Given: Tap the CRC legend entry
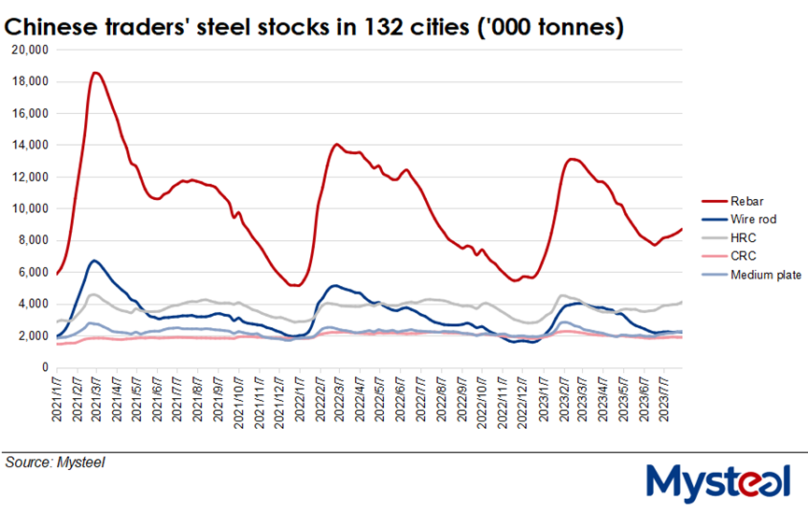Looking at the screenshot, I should pyautogui.click(x=743, y=256).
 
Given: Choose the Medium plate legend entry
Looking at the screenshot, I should pyautogui.click(x=763, y=274).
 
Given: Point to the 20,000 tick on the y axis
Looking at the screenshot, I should pyautogui.click(x=28, y=50).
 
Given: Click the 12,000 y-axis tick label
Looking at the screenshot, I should pyautogui.click(x=28, y=177).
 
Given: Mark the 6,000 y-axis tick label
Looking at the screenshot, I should pyautogui.click(x=31, y=272).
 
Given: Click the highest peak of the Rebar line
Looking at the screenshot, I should pyautogui.click(x=96, y=72).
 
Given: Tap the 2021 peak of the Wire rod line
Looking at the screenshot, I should pyautogui.click(x=94, y=260).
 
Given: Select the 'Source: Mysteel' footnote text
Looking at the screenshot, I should pyautogui.click(x=54, y=461).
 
